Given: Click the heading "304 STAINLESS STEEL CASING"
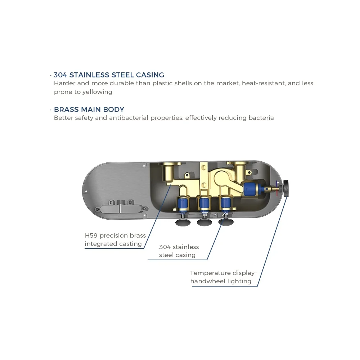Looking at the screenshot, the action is [x=109, y=75].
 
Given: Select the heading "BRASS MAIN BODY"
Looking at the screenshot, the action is [x=89, y=109].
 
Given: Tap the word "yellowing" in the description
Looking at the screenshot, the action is [x=97, y=92].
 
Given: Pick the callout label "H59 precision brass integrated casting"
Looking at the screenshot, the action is [x=115, y=240].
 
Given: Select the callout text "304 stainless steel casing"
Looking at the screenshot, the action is [x=179, y=251].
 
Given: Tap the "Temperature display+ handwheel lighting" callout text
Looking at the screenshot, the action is [x=224, y=277].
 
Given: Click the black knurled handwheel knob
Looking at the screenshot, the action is [x=288, y=188].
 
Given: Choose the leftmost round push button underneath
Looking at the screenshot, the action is [x=183, y=222].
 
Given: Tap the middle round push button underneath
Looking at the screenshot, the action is [x=204, y=222].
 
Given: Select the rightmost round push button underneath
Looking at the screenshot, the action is [x=226, y=222].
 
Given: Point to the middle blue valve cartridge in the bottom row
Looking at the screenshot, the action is [x=204, y=204].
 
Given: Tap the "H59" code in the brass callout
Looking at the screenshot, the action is [x=91, y=236].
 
